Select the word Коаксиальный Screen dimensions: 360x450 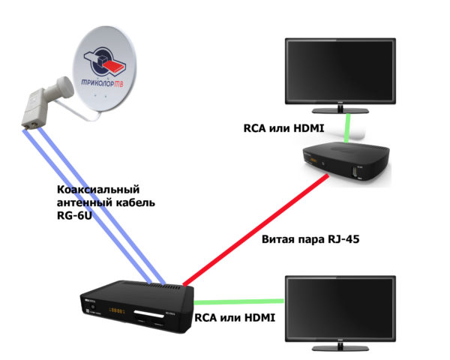click(x=98, y=190)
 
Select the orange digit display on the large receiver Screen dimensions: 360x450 click(x=118, y=310)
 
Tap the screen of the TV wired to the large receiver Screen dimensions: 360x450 click(x=352, y=307)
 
